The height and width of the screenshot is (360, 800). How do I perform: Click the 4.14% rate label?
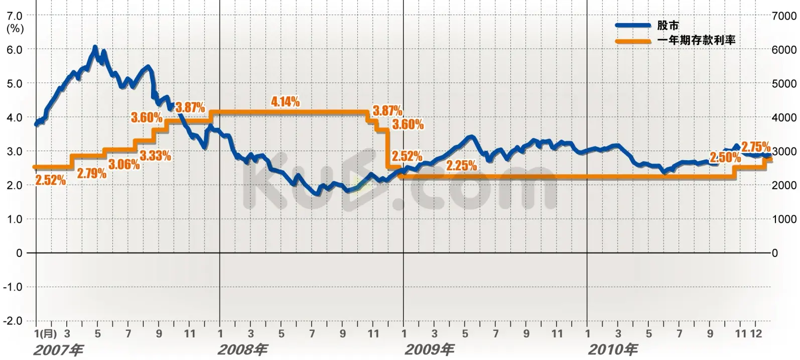click(x=285, y=102)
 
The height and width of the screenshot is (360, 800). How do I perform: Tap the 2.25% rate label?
click(x=461, y=165)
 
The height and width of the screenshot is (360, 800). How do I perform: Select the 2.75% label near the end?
click(x=755, y=147)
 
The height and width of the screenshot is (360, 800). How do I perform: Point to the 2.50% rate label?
click(x=725, y=157)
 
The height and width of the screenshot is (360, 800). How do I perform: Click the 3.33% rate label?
click(x=155, y=156)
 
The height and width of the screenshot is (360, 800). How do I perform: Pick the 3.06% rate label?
click(x=124, y=164)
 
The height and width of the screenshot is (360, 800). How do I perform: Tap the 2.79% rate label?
click(x=91, y=174)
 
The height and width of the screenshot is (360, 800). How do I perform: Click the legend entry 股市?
click(x=668, y=26)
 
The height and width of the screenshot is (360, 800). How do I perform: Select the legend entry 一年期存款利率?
click(x=696, y=40)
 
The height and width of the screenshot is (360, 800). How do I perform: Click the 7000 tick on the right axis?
click(x=784, y=16)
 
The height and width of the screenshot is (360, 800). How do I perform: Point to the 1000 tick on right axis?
click(x=784, y=219)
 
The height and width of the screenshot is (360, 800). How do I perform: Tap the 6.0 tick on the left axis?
click(x=14, y=50)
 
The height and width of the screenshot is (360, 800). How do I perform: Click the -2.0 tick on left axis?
click(x=13, y=321)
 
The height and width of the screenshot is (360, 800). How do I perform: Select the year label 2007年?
click(x=58, y=349)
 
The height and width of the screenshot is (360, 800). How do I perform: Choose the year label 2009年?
click(x=430, y=349)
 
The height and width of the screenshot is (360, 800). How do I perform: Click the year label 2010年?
click(x=613, y=349)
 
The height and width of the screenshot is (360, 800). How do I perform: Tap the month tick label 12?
click(x=756, y=333)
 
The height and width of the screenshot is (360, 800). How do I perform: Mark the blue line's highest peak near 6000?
click(x=95, y=48)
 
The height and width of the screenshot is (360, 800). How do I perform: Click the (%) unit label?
click(x=15, y=29)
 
